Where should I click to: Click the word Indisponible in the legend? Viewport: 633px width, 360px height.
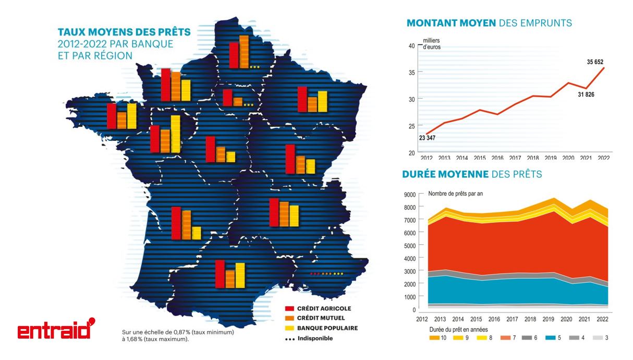[315, 338]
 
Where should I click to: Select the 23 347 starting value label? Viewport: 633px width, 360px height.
[427, 138]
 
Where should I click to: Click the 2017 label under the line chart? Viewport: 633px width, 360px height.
[515, 158]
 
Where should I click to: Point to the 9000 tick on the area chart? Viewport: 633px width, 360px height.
[409, 195]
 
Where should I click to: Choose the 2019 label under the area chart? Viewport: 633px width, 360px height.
[549, 319]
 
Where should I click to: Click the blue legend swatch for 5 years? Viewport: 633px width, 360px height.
[548, 338]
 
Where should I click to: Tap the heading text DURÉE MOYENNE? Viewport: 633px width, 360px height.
[445, 174]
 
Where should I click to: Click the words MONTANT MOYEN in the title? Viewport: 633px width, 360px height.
[451, 23]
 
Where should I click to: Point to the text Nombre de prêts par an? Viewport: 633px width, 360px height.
[455, 194]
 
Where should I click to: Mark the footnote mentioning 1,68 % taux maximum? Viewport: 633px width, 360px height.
[174, 335]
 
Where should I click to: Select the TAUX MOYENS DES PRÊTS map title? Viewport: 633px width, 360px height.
[124, 32]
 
